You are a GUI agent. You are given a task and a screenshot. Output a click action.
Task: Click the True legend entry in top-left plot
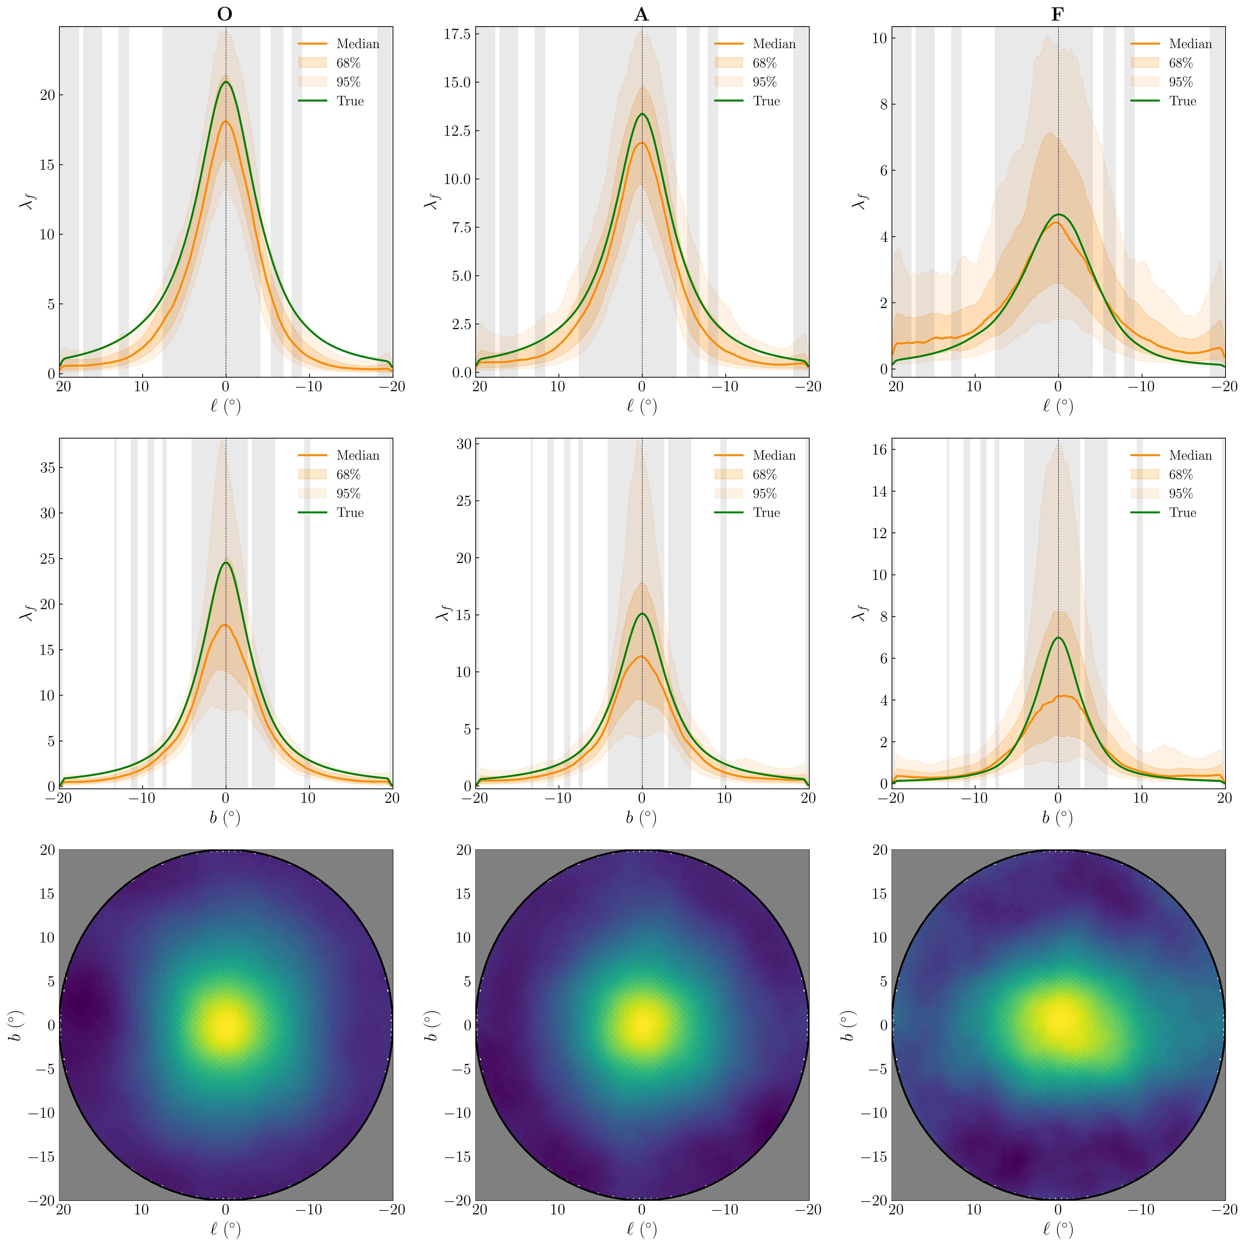pos(349,101)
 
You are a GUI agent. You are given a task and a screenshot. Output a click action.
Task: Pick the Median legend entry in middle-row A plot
pos(773,455)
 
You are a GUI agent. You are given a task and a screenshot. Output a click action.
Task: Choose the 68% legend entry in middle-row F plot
pos(1180,475)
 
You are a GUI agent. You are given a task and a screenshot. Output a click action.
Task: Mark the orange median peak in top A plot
pos(641,143)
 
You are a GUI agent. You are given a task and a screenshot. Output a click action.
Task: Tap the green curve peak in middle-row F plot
pos(1058,638)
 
